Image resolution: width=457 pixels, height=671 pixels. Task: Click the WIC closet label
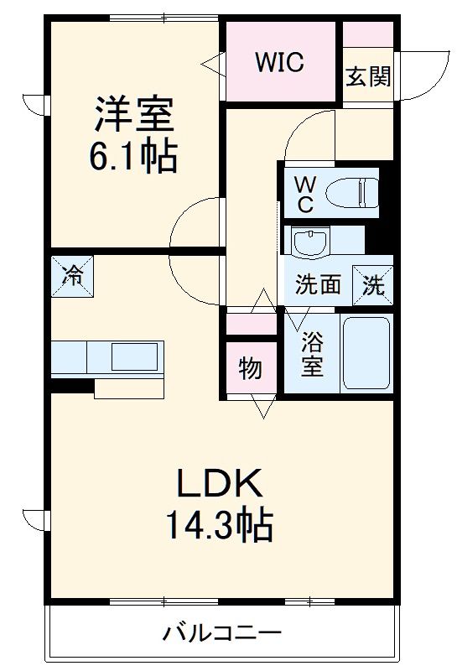click(279, 61)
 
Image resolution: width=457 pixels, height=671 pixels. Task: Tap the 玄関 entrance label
click(368, 76)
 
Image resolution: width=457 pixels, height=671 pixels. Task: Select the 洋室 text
click(133, 114)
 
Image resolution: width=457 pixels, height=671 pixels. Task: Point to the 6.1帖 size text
click(133, 156)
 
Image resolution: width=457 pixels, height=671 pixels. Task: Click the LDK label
click(219, 483)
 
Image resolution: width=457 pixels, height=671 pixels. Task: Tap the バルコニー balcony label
click(222, 632)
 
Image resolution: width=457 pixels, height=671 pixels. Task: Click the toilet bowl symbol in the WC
click(351, 194)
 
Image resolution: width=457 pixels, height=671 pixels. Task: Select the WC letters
click(305, 195)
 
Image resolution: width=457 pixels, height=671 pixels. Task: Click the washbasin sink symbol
click(310, 242)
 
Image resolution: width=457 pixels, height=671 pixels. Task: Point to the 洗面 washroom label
click(318, 284)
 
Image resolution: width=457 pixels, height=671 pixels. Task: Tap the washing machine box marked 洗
click(372, 285)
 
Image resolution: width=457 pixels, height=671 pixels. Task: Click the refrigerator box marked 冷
click(72, 277)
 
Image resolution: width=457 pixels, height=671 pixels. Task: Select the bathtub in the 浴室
click(366, 353)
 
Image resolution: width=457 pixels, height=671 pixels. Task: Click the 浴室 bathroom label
click(312, 354)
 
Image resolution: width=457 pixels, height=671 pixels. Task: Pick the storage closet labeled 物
click(251, 367)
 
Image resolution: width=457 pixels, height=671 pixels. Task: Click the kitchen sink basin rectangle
click(134, 357)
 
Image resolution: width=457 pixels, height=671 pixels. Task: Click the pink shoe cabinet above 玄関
click(368, 34)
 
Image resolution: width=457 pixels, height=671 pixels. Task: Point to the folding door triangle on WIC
click(213, 65)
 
